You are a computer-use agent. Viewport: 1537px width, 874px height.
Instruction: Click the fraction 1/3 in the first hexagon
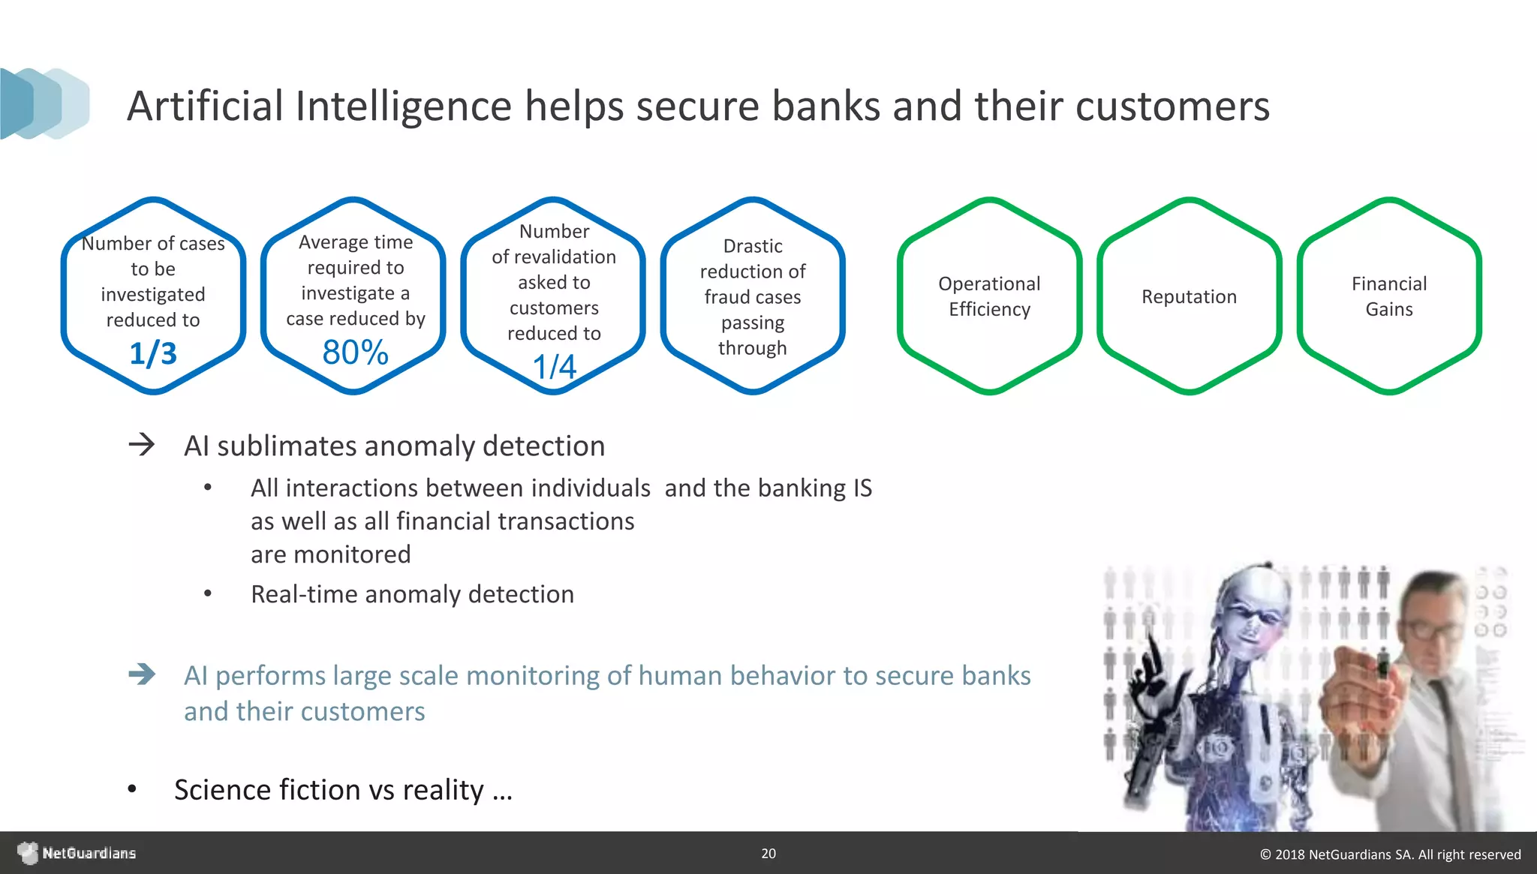(153, 353)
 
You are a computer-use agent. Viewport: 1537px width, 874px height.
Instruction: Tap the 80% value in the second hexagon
(355, 353)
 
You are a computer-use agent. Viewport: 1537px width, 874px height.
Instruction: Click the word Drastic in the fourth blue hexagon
(753, 246)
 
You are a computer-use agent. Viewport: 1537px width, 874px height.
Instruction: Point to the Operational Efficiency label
(989, 296)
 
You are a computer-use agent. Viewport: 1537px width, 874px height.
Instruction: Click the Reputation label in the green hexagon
(1189, 296)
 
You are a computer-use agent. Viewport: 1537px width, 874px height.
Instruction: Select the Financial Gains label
(1388, 296)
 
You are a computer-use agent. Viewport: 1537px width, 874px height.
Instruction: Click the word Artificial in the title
(205, 106)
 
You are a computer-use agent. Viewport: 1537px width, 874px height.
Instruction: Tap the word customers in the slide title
(1172, 106)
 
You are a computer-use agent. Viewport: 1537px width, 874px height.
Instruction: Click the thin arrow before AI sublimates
(141, 445)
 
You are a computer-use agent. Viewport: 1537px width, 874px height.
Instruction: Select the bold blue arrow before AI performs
(141, 674)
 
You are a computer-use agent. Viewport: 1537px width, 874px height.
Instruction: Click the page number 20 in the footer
(768, 854)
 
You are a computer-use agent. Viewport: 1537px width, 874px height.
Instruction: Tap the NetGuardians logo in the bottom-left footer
(75, 854)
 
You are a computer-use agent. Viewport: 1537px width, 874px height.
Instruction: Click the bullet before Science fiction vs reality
(132, 790)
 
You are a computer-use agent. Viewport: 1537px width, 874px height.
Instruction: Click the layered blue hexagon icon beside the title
(45, 104)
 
